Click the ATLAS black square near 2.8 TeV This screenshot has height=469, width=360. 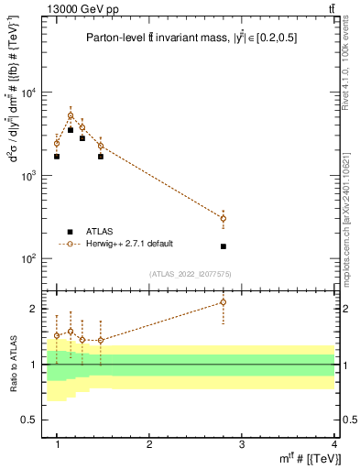pos(224,246)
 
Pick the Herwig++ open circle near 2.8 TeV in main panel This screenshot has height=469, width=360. pos(224,218)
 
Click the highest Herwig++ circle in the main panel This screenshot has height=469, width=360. pos(71,116)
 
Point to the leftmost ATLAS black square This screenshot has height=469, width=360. pos(57,157)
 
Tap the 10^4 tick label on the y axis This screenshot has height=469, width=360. pos(32,93)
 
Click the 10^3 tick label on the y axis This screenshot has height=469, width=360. pos(32,175)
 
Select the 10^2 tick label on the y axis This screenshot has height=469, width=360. pos(32,258)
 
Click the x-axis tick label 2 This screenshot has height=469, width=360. pos(149,444)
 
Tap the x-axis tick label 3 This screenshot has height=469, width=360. pos(242,444)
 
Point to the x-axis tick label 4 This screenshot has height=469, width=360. pos(333,444)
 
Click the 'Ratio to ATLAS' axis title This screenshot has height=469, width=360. pos(12,363)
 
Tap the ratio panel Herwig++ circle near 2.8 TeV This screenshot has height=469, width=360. pos(224,302)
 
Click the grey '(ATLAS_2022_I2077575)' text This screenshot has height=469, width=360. pos(191,273)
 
